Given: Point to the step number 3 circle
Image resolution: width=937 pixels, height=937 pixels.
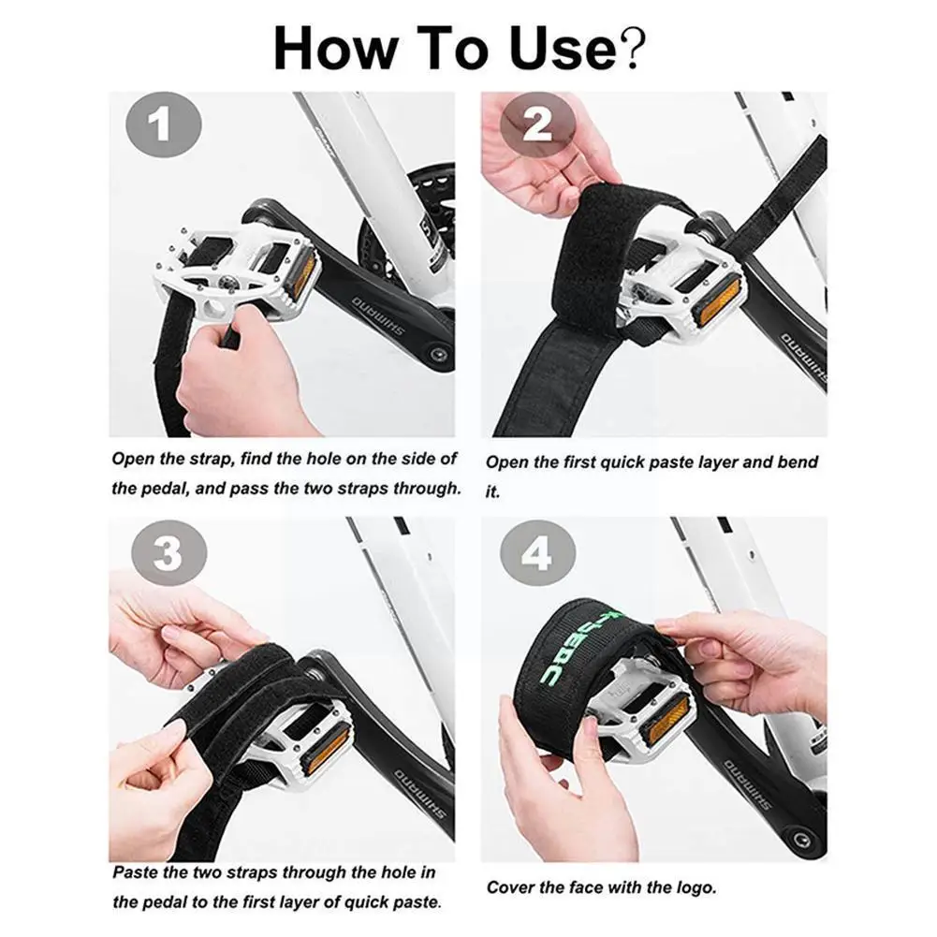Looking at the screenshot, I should tap(167, 554).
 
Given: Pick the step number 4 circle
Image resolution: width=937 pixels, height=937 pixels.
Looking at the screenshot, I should tap(536, 554).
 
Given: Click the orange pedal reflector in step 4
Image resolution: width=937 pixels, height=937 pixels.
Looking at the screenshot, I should tap(668, 720).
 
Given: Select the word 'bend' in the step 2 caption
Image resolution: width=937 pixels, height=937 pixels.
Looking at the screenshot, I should tap(798, 462).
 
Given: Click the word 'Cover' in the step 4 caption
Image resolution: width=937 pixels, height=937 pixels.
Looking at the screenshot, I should tap(511, 886).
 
